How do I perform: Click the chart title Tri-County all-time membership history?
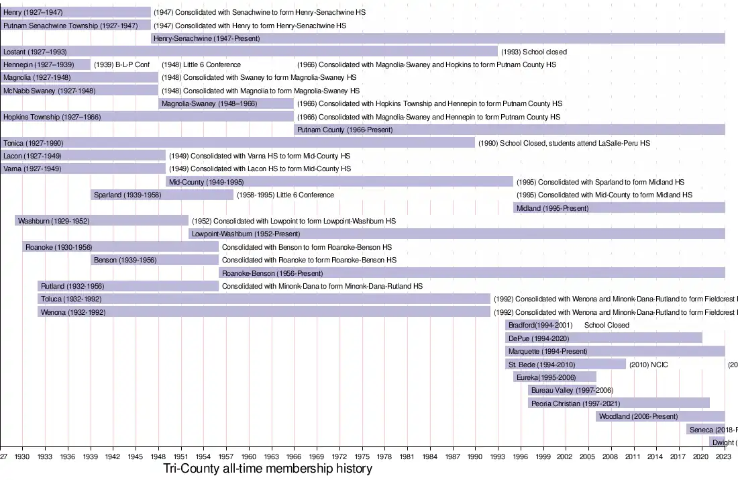click(x=268, y=469)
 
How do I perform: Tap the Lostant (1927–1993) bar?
click(x=249, y=52)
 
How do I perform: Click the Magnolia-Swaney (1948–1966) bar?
click(x=226, y=103)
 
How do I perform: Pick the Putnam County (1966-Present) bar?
click(x=509, y=130)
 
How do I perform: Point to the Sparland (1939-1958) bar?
click(x=162, y=195)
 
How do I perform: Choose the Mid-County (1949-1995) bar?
click(x=339, y=182)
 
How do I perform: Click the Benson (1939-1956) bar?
click(x=155, y=260)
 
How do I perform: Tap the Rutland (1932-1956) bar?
click(x=128, y=286)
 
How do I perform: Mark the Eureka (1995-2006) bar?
click(x=555, y=377)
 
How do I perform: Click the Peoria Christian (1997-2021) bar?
click(x=619, y=403)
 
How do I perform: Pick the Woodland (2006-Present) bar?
click(x=660, y=416)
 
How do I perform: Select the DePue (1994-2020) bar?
click(x=604, y=338)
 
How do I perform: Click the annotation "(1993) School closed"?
click(x=534, y=52)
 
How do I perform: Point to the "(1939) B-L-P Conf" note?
click(x=121, y=64)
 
